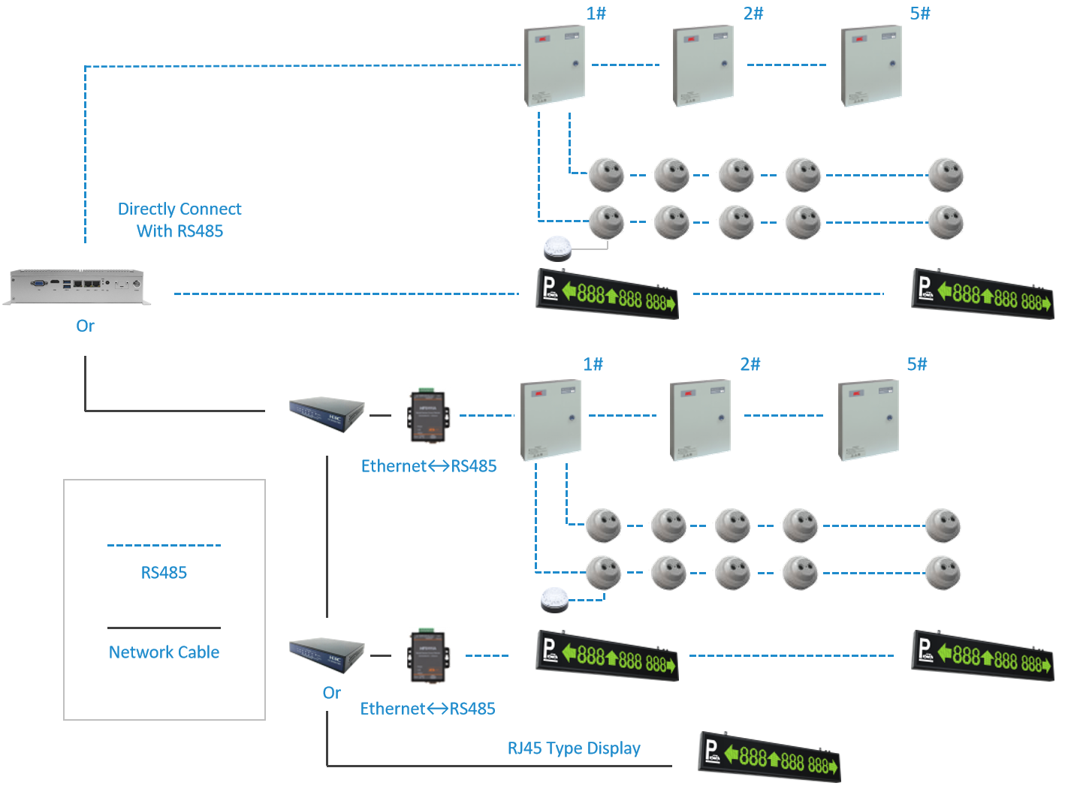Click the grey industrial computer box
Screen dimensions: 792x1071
77,287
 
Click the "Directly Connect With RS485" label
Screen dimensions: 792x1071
180,220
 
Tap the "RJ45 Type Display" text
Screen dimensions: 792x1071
574,748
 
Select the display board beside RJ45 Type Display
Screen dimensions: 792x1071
770,757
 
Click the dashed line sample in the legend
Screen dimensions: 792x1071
164,546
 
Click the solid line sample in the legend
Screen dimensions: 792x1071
164,628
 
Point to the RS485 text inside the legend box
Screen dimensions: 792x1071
164,573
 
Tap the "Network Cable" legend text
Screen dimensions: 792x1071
164,652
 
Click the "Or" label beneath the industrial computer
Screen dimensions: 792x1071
86,326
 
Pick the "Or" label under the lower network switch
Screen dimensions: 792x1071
331,693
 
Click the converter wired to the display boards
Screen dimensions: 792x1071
428,656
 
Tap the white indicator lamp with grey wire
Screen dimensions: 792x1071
557,248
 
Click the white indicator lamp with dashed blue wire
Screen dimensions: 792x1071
555,601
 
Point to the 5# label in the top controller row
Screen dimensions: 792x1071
920,14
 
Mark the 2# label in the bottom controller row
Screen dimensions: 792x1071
750,364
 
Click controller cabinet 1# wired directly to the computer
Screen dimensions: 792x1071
554,66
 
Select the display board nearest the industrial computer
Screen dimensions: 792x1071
607,294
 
